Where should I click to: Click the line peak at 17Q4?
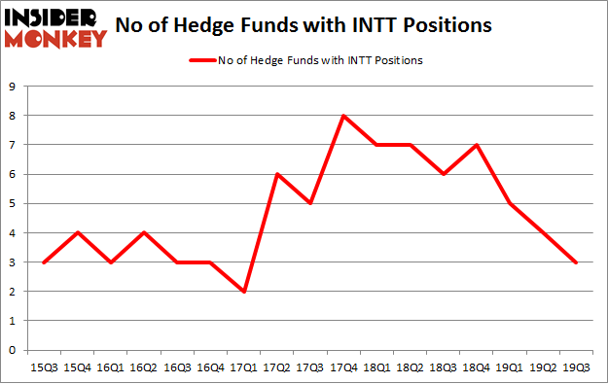pos(343,116)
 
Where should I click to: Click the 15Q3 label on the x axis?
pos(45,367)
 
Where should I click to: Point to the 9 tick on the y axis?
pos(13,87)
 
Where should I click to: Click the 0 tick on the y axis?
pos(13,350)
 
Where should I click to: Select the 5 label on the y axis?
pos(13,203)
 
